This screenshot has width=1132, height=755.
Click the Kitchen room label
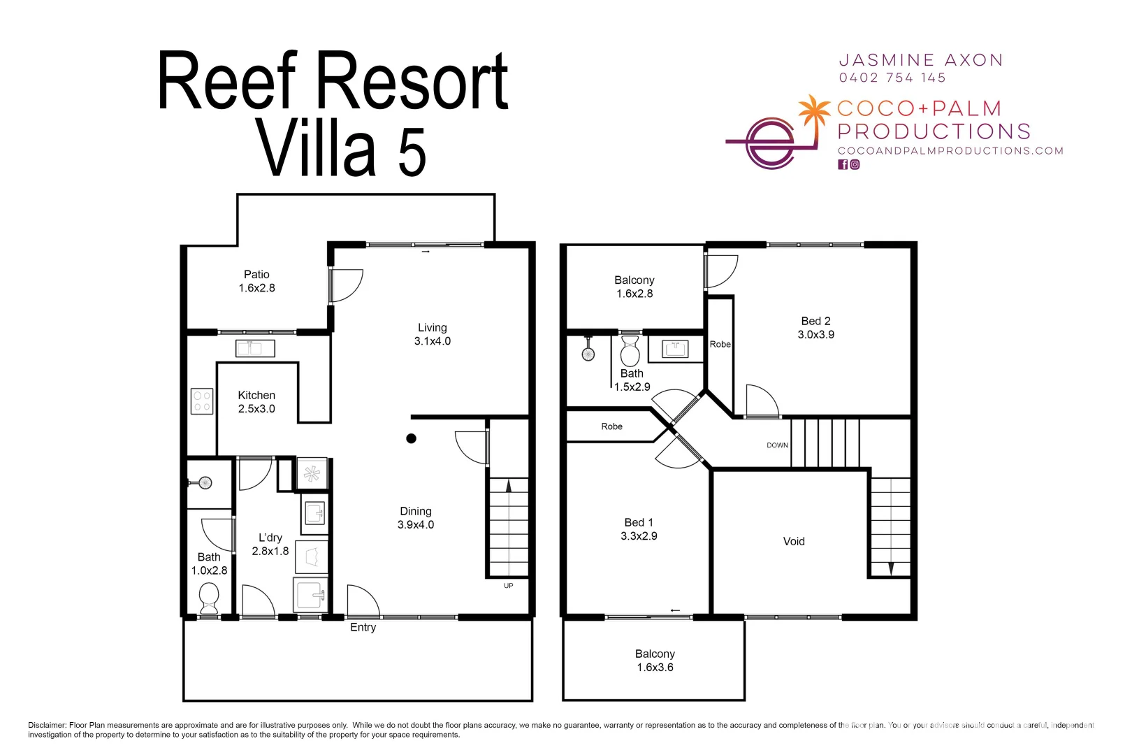256,402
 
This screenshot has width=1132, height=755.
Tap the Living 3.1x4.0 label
432,334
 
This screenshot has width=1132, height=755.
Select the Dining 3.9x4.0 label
416,518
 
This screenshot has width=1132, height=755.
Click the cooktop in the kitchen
202,401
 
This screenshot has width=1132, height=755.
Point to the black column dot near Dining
412,438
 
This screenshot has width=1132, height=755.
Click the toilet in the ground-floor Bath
209,598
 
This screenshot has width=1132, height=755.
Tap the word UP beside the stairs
509,586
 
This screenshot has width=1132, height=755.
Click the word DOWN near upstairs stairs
777,445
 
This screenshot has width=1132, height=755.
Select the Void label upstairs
794,541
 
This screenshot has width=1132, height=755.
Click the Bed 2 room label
815,327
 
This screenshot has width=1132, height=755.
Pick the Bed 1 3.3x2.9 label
639,529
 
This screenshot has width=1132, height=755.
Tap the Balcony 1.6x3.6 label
655,661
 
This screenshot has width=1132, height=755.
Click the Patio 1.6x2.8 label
256,281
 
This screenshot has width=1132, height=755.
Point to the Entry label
363,628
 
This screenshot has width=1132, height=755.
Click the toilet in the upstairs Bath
630,350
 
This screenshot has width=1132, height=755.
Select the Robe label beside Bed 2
720,345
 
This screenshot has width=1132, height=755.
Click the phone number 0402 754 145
892,78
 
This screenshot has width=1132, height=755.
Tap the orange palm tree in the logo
813,111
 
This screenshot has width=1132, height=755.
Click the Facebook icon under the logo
843,165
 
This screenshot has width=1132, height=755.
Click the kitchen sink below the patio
255,348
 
